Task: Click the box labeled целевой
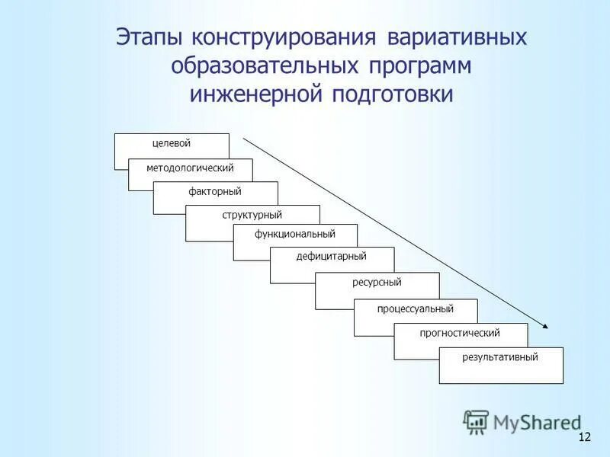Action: [x=171, y=143]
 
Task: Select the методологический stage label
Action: [x=190, y=168]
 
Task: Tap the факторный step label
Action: [x=215, y=192]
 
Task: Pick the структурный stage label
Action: [x=252, y=216]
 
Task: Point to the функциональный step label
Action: [x=295, y=234]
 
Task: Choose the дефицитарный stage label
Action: [x=332, y=257]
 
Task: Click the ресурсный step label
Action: [x=377, y=283]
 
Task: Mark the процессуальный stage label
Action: [x=416, y=308]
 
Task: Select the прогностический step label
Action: [x=460, y=333]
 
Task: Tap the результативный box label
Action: [x=500, y=356]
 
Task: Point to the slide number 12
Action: [x=585, y=436]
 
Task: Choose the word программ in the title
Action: [x=421, y=66]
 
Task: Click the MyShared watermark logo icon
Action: [x=477, y=421]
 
